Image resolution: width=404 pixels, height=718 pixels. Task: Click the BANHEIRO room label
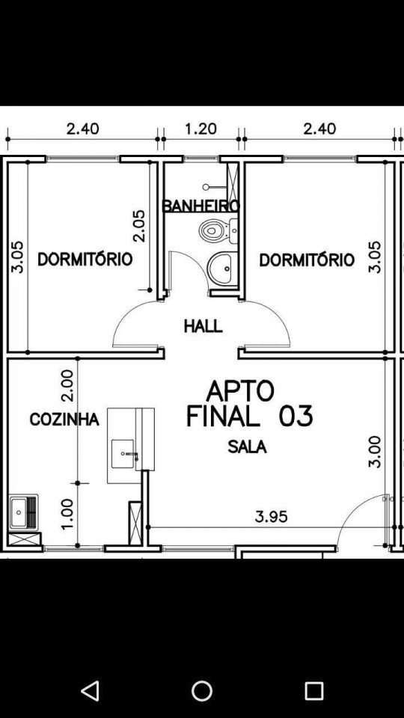coord(201,206)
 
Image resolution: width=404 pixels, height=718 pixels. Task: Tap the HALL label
coord(203,327)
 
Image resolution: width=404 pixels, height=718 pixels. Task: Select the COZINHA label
coord(64,419)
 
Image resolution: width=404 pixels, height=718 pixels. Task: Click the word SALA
coord(248,447)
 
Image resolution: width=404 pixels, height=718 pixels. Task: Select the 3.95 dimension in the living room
coord(272,517)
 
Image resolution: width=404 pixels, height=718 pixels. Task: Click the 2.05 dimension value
coord(139,225)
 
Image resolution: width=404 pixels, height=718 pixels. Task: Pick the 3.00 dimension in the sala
coord(375,452)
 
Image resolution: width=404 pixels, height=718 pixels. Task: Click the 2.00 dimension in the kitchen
coord(67,386)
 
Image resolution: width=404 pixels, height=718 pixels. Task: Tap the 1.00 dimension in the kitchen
coord(67,515)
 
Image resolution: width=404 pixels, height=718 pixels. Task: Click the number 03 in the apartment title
coord(296,417)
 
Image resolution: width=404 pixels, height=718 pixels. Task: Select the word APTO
coord(240,391)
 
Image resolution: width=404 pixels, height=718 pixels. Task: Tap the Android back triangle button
coord(90,690)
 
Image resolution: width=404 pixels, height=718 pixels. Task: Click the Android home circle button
coord(202,690)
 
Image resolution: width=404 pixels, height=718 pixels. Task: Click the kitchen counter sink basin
coord(123,453)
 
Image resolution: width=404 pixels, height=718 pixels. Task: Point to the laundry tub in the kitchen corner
coord(23,512)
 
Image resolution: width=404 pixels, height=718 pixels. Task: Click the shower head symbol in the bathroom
coord(206,187)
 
